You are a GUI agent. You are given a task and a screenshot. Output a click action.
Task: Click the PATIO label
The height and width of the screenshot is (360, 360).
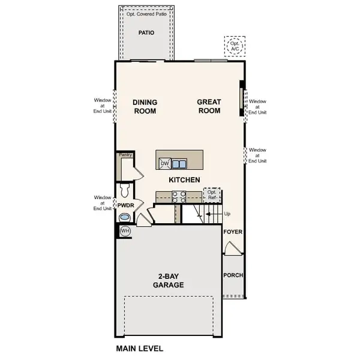146,33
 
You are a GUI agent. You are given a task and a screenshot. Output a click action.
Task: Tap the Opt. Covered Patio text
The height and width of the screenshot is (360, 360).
146,13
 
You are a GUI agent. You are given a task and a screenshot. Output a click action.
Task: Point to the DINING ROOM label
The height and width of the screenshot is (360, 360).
145,107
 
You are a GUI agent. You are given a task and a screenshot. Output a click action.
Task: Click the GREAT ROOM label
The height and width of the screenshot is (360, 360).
209,107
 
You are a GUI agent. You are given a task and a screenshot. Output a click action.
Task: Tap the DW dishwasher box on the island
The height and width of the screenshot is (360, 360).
164,163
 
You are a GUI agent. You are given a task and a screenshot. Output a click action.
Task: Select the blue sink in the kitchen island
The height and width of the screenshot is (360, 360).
178,163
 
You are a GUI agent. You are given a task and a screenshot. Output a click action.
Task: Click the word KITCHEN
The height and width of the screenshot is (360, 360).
184,180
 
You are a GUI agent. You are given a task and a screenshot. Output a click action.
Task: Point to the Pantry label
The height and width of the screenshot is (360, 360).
125,155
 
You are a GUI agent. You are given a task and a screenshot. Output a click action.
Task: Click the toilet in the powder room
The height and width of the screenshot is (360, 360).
125,191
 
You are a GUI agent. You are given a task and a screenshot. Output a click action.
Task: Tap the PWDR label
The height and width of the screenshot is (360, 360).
125,205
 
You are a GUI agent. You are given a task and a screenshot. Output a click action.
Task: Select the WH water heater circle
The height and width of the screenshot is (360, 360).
125,230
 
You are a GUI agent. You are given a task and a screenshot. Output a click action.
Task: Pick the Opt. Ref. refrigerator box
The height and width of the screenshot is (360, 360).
212,195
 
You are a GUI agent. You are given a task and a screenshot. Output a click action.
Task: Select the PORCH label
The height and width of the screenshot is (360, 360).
233,276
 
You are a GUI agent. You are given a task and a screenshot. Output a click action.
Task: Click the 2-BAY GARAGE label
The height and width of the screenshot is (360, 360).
168,281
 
